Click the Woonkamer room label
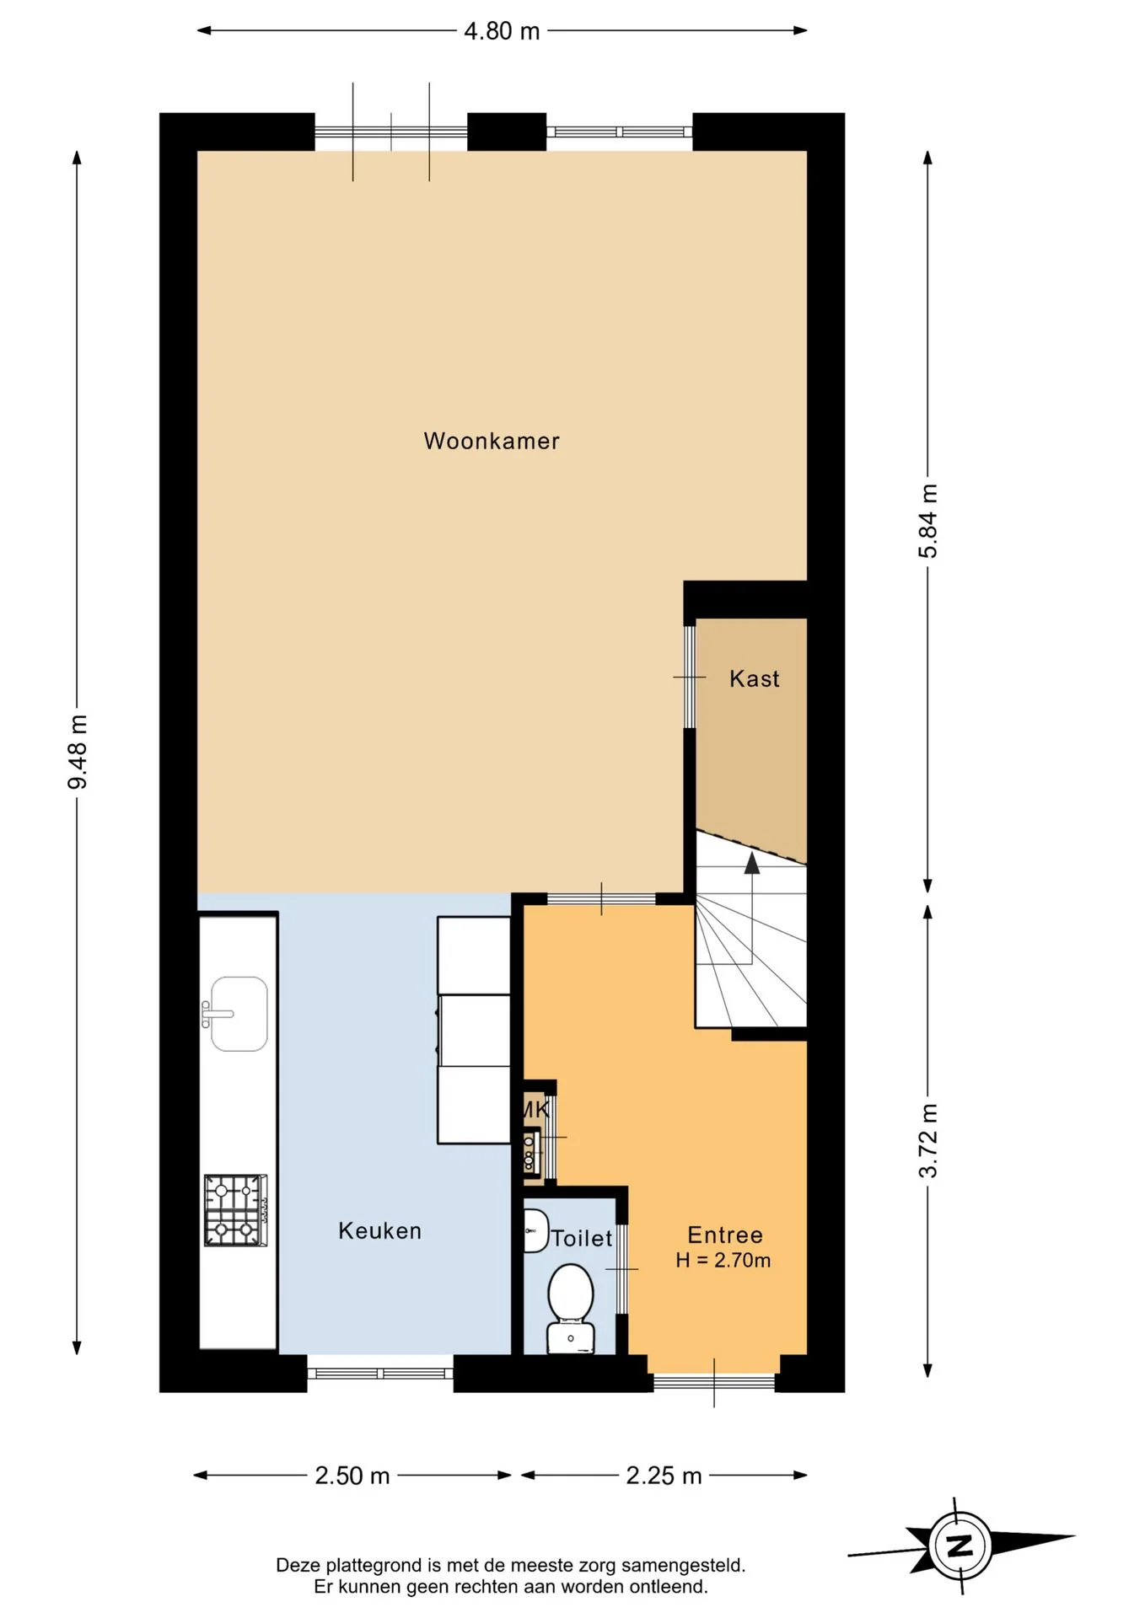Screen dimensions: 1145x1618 492,441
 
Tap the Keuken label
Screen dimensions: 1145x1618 379,1230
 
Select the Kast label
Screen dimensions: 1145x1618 755,678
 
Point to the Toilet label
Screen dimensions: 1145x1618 582,1238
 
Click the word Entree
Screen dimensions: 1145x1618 725,1235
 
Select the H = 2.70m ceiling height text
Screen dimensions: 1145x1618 723,1261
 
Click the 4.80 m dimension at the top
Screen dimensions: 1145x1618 502,31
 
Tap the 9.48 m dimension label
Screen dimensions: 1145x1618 78,753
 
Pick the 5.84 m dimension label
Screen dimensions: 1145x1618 928,521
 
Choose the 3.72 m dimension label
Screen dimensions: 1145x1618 928,1141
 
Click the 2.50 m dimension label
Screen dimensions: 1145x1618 352,1476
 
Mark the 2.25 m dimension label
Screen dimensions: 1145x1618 664,1476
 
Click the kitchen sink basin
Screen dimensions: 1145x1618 239,1014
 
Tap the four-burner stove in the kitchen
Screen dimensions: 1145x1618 235,1210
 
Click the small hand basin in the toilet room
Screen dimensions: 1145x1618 535,1231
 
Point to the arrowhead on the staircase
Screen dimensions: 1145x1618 751,861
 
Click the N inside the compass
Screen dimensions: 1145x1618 960,1546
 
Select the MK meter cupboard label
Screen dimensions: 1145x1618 536,1109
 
